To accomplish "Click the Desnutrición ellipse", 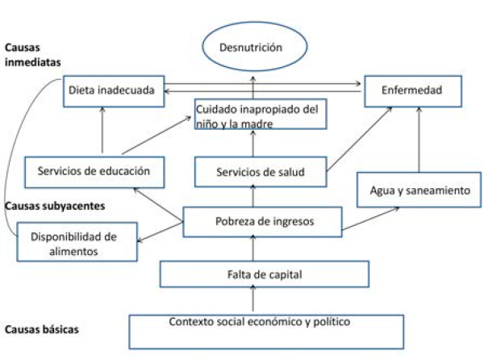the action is tap(255, 46).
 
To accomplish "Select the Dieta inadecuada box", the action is tap(114, 91).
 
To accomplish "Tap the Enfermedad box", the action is tap(413, 91).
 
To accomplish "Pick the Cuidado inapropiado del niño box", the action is tap(261, 114).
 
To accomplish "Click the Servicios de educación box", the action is tap(94, 172).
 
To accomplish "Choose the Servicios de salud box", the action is tap(261, 172).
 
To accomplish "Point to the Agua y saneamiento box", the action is tap(419, 190).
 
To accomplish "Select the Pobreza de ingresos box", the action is tap(262, 222).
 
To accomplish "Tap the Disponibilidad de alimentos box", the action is tap(77, 242).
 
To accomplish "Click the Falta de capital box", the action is tap(265, 274).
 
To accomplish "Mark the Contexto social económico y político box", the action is tap(266, 332).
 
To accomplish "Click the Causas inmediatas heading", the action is tap(33, 55).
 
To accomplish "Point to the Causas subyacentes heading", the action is tap(55, 206).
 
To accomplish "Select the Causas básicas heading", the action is tap(42, 329).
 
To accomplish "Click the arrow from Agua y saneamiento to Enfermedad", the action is tap(419, 140).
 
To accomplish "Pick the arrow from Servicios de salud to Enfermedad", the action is tap(360, 139).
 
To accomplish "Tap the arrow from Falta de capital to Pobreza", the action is tap(253, 248).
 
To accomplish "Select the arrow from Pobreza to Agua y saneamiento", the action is tap(371, 219).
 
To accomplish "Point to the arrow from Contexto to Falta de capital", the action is tap(253, 298).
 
